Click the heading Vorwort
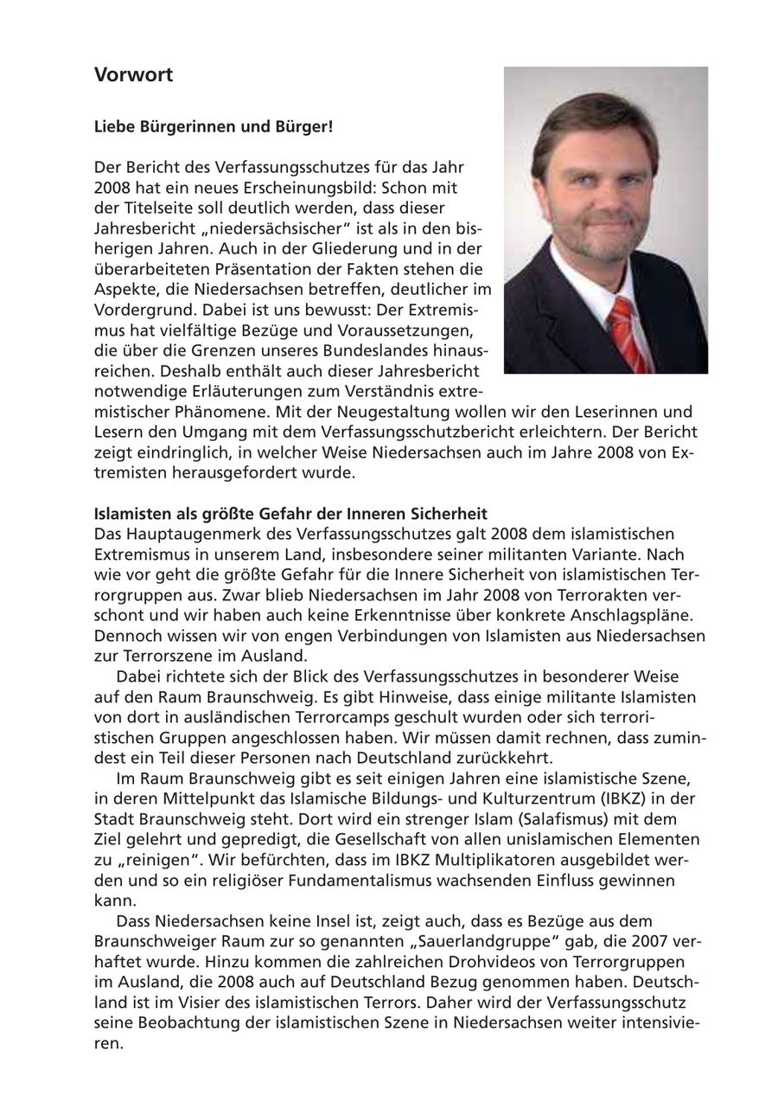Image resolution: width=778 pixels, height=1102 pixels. click(x=133, y=75)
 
